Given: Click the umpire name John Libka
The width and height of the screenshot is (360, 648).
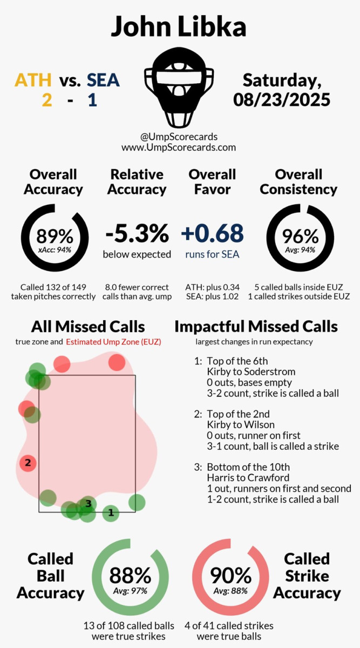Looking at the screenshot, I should pyautogui.click(x=180, y=26).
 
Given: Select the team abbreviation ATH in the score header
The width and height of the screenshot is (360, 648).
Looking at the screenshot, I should pyautogui.click(x=33, y=80).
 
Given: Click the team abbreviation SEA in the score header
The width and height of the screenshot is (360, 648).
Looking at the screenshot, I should pyautogui.click(x=103, y=80).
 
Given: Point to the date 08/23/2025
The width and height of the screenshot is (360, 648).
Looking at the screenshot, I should pyautogui.click(x=282, y=99).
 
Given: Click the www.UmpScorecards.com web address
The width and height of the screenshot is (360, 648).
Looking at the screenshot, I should pyautogui.click(x=179, y=147).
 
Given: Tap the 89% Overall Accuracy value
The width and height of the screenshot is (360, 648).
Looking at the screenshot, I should pyautogui.click(x=54, y=236).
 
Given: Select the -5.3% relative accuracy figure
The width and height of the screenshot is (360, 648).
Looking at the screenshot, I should pyautogui.click(x=137, y=233).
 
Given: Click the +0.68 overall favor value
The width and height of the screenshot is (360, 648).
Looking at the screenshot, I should pyautogui.click(x=212, y=233).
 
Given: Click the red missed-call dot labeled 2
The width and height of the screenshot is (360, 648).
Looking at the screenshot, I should pyautogui.click(x=27, y=463).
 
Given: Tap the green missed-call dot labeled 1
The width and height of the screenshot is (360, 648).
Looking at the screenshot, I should pyautogui.click(x=111, y=512).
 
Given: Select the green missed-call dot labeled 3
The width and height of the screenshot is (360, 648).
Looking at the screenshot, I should pyautogui.click(x=87, y=504).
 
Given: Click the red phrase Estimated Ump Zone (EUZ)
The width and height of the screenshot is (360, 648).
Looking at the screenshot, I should pyautogui.click(x=113, y=342).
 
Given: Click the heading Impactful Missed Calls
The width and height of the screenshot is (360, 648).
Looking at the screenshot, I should pyautogui.click(x=256, y=326).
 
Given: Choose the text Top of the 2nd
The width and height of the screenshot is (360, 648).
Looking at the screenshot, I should pyautogui.click(x=238, y=414).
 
